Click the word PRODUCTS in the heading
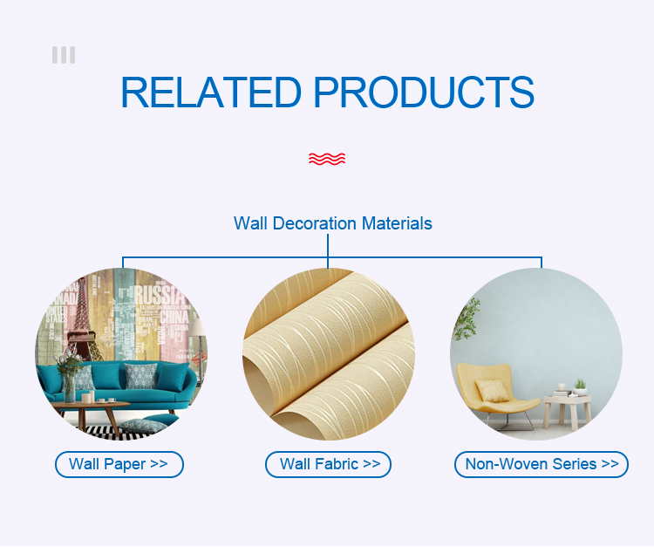click(424, 92)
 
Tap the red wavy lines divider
click(327, 159)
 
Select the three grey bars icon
click(64, 55)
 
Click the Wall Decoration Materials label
click(333, 223)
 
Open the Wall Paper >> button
click(119, 464)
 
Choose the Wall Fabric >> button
click(328, 464)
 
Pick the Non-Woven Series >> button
click(542, 464)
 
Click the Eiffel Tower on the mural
click(84, 321)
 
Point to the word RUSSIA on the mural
click(159, 295)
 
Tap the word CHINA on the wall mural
click(174, 317)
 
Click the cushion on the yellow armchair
click(492, 391)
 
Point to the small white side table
click(568, 411)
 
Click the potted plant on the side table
click(580, 387)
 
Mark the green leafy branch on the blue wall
click(467, 318)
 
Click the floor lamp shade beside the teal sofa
click(198, 327)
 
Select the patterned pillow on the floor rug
click(142, 426)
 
